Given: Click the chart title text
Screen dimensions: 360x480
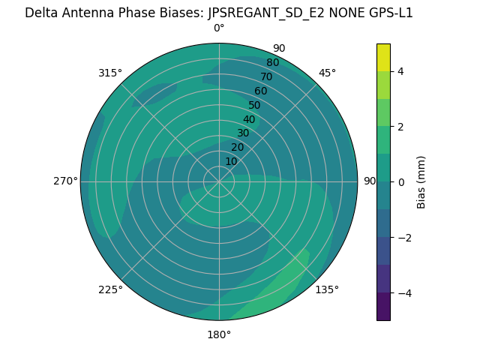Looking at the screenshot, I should click(219, 13).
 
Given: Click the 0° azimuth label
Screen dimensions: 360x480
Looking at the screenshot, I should click(219, 28).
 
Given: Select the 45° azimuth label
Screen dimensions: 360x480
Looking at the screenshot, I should click(327, 73).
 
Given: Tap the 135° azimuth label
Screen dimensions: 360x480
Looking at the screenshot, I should click(327, 289).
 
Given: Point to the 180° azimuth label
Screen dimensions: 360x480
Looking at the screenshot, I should click(219, 334).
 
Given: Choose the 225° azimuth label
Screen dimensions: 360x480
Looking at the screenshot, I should click(110, 289).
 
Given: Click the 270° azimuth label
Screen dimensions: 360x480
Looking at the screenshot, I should click(65, 181).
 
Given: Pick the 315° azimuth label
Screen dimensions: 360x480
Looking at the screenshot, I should click(110, 73).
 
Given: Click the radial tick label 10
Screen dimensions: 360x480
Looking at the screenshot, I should click(231, 161).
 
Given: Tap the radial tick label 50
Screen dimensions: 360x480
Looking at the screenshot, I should click(254, 105).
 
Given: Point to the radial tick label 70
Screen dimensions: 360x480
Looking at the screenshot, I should click(266, 76).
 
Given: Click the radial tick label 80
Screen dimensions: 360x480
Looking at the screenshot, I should click(272, 62).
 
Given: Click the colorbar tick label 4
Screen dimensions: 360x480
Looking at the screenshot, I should click(400, 71).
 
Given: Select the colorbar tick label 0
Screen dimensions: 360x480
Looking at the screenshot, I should click(400, 181).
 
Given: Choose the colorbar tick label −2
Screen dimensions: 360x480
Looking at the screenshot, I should click(403, 237).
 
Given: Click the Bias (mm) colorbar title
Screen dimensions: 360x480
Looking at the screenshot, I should click(421, 182).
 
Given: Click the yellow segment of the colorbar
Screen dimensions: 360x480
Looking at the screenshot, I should click(383, 57).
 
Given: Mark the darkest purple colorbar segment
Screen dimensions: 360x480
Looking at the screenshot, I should click(383, 307).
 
